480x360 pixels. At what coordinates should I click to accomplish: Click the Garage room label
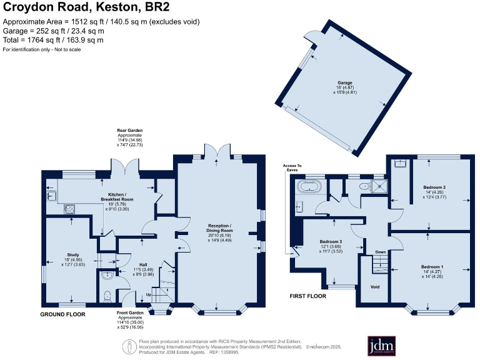point(344,82)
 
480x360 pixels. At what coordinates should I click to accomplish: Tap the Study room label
point(73,254)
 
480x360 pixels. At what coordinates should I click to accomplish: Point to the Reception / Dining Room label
point(226,228)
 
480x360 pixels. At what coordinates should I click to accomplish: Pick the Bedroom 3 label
point(331,241)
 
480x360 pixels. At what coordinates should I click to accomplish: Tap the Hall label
point(127,264)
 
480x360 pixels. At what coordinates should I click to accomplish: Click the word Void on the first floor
point(375,287)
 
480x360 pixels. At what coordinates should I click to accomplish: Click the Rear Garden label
point(131,131)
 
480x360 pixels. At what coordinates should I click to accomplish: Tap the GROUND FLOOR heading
point(62,314)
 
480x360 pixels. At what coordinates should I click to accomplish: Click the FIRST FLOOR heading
point(308,296)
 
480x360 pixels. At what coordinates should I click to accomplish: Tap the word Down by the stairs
point(380,252)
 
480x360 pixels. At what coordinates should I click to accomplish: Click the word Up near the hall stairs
point(148,294)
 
